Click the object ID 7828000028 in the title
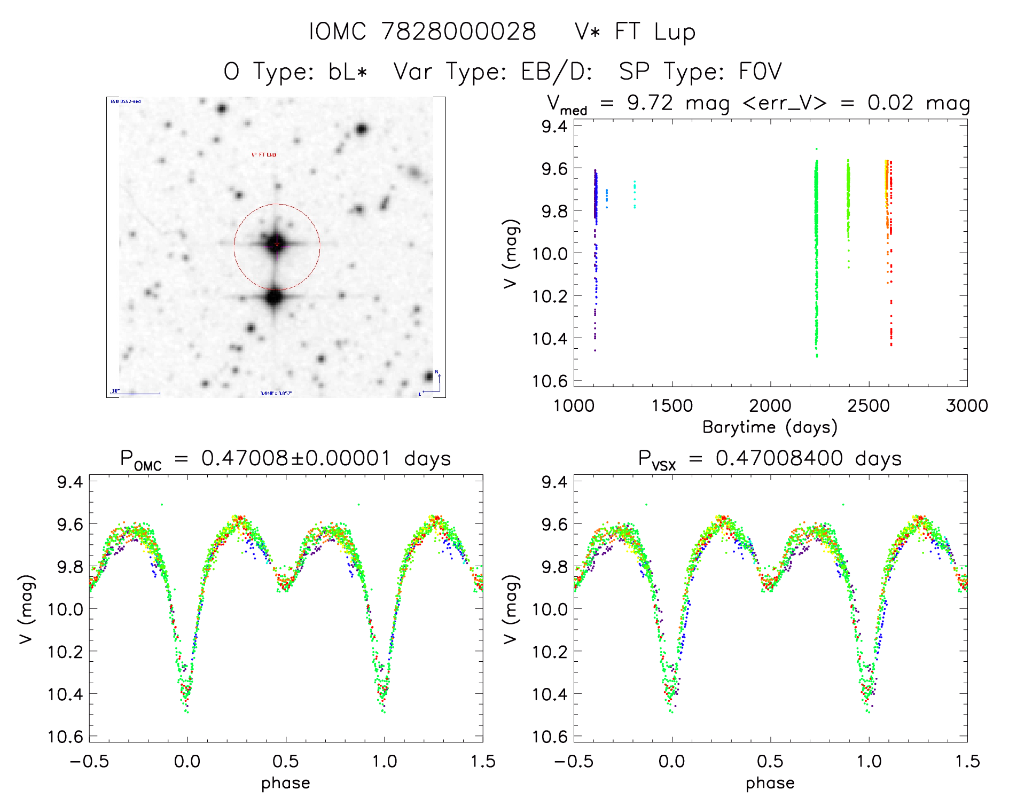458,32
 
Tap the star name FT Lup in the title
655,32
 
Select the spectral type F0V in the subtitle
760,72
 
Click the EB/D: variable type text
557,72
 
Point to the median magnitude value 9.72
650,103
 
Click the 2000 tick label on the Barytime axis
770,406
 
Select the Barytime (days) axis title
770,427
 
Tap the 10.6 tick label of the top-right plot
550,381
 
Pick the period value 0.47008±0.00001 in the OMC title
296,459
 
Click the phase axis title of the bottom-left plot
286,783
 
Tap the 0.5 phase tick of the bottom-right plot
770,762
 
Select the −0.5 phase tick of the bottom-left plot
89,762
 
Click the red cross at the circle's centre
277,244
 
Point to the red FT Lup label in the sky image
264,154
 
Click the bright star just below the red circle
274,297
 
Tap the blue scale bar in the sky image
136,394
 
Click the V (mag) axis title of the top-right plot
511,254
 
